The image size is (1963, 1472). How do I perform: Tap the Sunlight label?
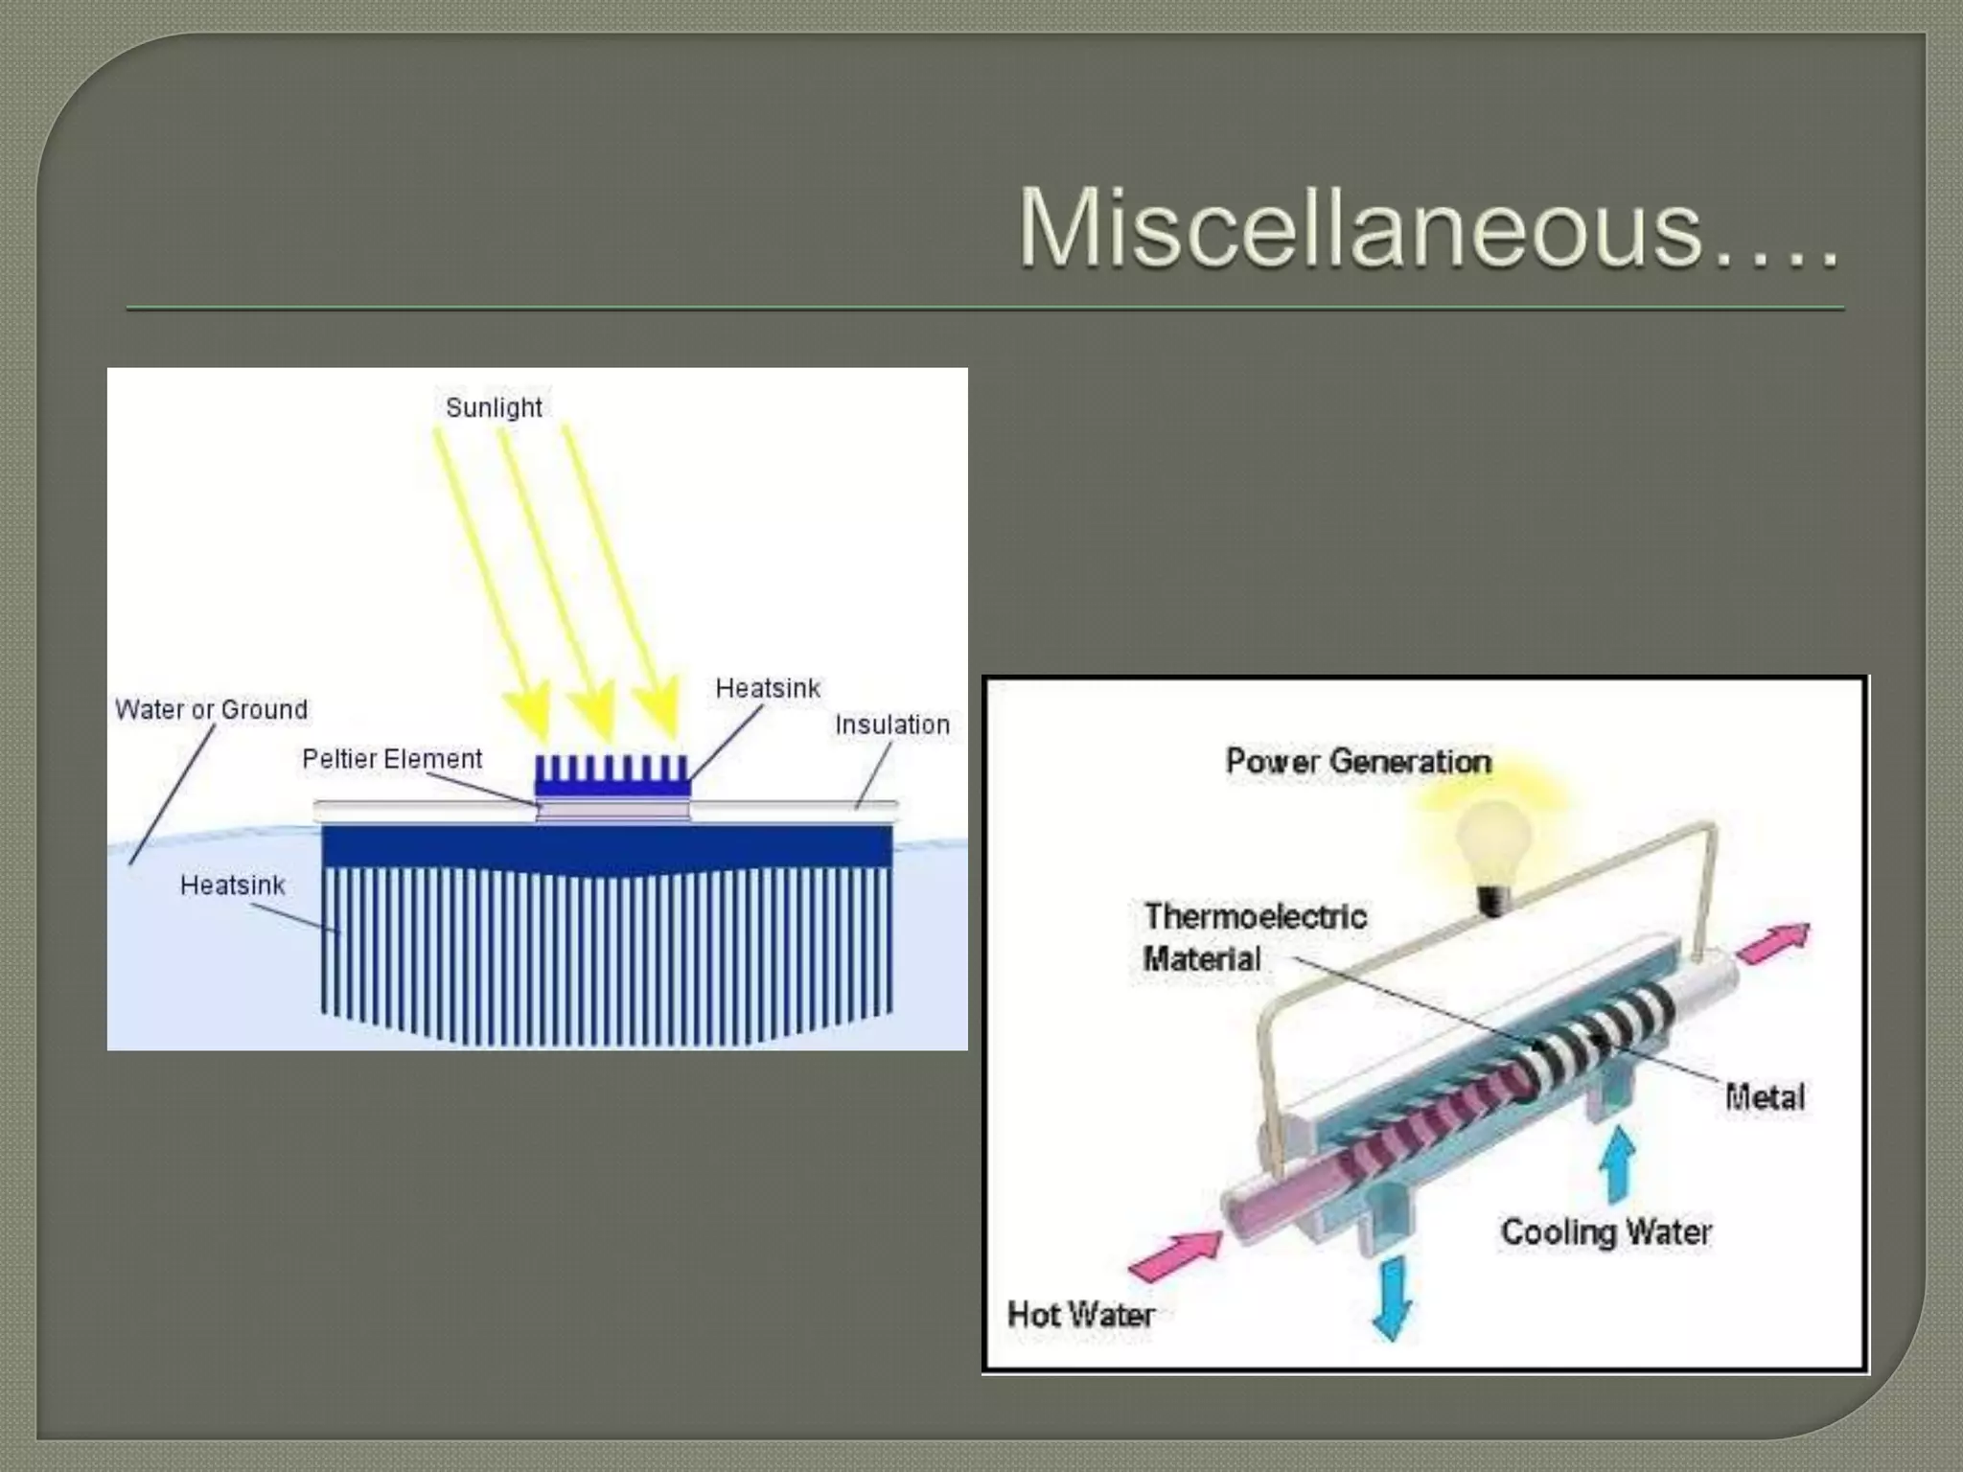click(x=494, y=407)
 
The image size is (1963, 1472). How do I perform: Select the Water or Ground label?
click(x=212, y=710)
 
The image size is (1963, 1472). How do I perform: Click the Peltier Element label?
click(x=392, y=759)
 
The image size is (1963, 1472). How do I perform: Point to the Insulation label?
click(x=892, y=725)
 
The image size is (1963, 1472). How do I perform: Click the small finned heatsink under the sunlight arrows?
click(x=612, y=776)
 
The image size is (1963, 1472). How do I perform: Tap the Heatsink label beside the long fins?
click(x=233, y=885)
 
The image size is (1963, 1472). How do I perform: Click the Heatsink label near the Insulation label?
click(x=768, y=688)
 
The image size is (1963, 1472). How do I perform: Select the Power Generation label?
click(x=1358, y=762)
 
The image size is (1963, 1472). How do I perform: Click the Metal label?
click(x=1765, y=1097)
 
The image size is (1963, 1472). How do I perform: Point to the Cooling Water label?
click(x=1605, y=1232)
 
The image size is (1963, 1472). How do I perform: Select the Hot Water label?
click(x=1080, y=1315)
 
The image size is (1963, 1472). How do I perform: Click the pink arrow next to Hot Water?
click(x=1175, y=1254)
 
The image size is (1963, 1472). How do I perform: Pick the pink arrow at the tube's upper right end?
click(x=1774, y=943)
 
